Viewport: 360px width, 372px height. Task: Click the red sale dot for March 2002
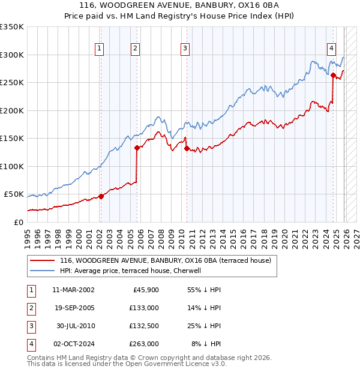click(x=101, y=196)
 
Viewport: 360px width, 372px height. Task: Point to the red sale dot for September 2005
click(x=137, y=148)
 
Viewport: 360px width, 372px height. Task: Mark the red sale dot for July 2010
click(x=187, y=148)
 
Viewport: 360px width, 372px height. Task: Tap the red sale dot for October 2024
click(x=333, y=75)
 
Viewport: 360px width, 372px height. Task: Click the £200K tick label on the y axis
click(x=11, y=110)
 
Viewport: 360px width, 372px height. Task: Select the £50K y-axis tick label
click(x=14, y=194)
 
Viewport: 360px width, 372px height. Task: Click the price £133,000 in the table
click(x=144, y=307)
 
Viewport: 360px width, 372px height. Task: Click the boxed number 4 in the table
click(x=30, y=344)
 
